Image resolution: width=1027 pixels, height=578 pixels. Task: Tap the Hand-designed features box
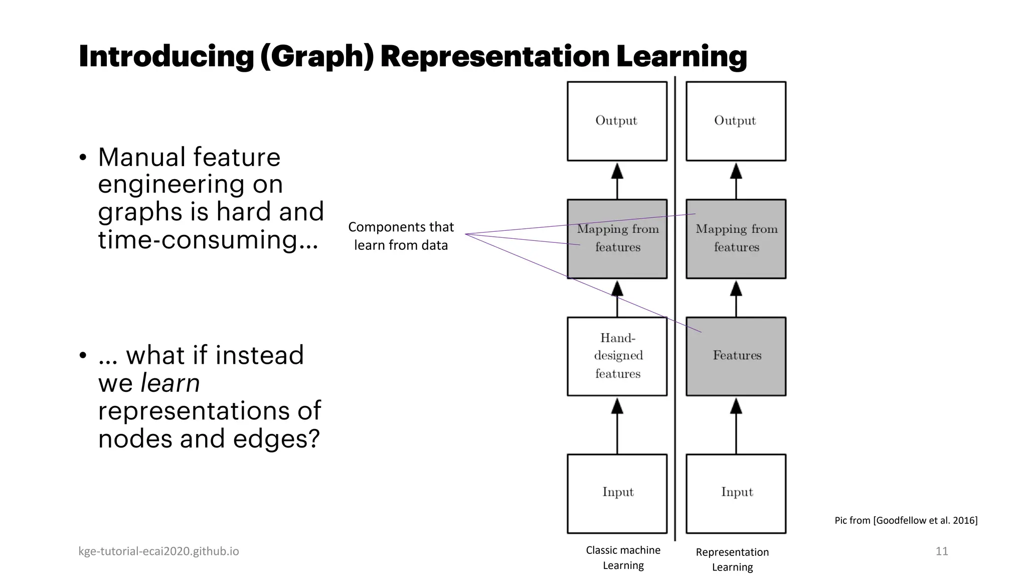[617, 356]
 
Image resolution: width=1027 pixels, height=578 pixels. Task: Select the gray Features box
[736, 356]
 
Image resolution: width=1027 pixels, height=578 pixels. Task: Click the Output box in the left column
[617, 121]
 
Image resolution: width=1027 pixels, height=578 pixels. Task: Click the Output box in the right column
[736, 121]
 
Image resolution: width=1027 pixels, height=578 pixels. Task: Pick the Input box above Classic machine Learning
[617, 493]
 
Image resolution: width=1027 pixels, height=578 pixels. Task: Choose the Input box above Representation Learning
[736, 493]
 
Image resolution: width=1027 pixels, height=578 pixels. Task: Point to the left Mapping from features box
[617, 238]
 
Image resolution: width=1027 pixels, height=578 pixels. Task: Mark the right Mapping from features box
[736, 238]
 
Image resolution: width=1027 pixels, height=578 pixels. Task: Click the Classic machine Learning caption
[623, 557]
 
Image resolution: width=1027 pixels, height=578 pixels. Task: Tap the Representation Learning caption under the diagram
[732, 559]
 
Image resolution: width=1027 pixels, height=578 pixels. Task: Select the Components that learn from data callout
[401, 236]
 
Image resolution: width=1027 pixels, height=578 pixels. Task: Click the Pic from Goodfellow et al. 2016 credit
[906, 520]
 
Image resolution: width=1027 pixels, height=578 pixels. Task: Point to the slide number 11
[941, 551]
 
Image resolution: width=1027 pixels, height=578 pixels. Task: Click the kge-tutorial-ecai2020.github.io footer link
[158, 551]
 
